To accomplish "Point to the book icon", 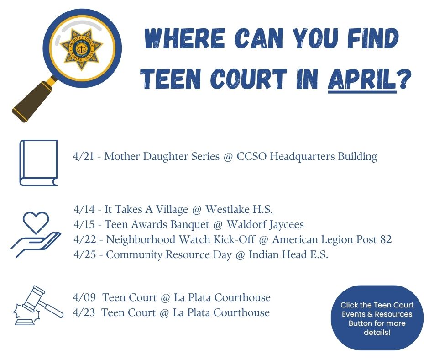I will coord(39,163).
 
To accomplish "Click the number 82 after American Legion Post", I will coord(385,239).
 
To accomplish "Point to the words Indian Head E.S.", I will coord(288,254).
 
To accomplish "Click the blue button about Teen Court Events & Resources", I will coord(377,318).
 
